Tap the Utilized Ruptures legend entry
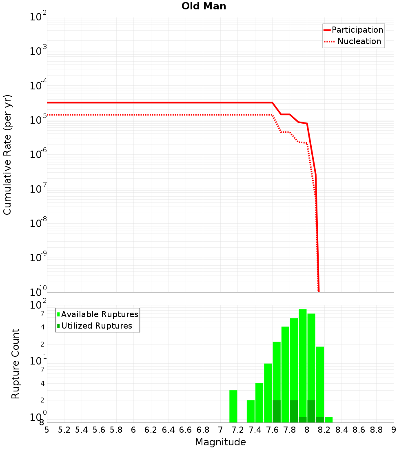tap(96, 326)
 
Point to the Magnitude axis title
tap(220, 442)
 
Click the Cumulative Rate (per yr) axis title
tap(7, 154)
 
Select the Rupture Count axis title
tap(16, 364)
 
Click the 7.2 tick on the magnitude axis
tap(237, 429)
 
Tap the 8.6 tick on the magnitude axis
tap(359, 429)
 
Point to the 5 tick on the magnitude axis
tap(47, 429)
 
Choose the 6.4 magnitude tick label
tap(168, 429)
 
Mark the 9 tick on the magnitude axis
tap(394, 429)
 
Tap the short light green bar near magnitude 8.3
tap(328, 420)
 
